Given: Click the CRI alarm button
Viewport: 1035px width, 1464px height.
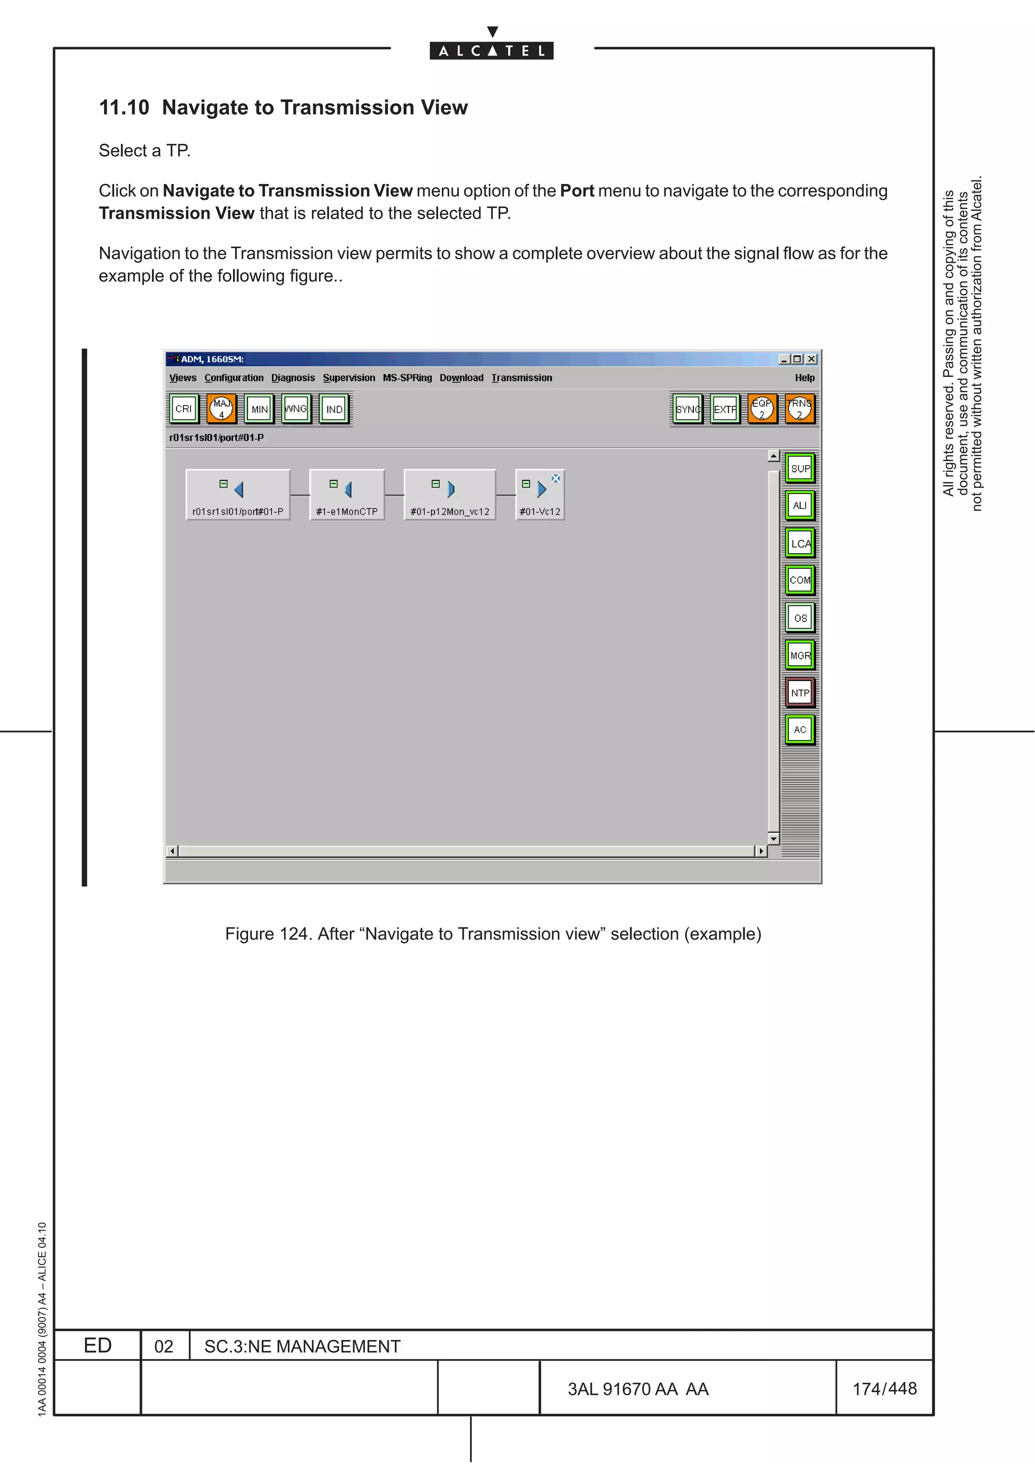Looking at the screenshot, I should pos(183,409).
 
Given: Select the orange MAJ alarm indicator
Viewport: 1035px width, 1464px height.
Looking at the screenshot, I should pos(221,409).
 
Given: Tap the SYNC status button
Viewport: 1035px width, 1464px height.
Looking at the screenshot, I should pos(687,409).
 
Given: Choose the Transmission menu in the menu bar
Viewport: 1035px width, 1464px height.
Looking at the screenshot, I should pos(521,377).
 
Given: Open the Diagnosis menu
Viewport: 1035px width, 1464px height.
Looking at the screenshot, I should pos(293,377).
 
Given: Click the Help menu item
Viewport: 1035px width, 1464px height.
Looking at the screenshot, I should pos(804,377).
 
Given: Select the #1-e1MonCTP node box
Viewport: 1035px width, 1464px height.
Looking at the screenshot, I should pos(347,495).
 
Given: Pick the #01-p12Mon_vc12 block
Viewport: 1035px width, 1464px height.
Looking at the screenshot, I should pos(450,495).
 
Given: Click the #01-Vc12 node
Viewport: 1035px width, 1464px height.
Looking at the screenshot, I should pos(540,495).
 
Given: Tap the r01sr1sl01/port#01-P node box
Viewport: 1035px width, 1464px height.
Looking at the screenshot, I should pos(238,495).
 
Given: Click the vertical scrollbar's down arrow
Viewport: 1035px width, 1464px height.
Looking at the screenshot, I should pos(774,839).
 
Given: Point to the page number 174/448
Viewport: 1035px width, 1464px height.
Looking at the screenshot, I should pos(884,1388).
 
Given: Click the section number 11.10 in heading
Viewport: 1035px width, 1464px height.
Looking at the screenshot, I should pos(124,107).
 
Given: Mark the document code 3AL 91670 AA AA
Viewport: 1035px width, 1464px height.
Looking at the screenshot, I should pos(638,1389).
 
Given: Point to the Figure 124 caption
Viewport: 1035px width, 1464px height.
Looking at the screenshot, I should pos(492,934).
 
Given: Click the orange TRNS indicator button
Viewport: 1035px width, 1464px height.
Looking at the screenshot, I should pos(799,409).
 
